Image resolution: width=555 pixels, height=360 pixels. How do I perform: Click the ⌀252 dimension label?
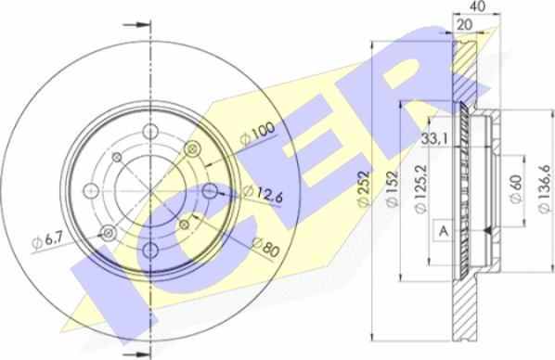pos(364,188)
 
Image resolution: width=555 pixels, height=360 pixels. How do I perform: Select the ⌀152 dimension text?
pos(392,188)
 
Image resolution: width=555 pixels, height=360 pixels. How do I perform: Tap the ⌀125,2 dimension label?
pos(421,189)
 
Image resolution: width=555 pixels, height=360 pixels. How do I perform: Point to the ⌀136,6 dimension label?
pos(546,189)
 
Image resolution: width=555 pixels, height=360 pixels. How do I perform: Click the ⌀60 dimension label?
pos(516,189)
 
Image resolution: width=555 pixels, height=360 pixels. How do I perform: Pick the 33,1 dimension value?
pos(434,139)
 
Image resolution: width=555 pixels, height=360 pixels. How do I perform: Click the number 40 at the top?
pos(476,6)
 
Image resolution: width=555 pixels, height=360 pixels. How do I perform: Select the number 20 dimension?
pos(464,25)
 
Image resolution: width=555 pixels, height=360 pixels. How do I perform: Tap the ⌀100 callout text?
pos(257,133)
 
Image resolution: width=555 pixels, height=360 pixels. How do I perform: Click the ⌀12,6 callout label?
pos(263,194)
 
